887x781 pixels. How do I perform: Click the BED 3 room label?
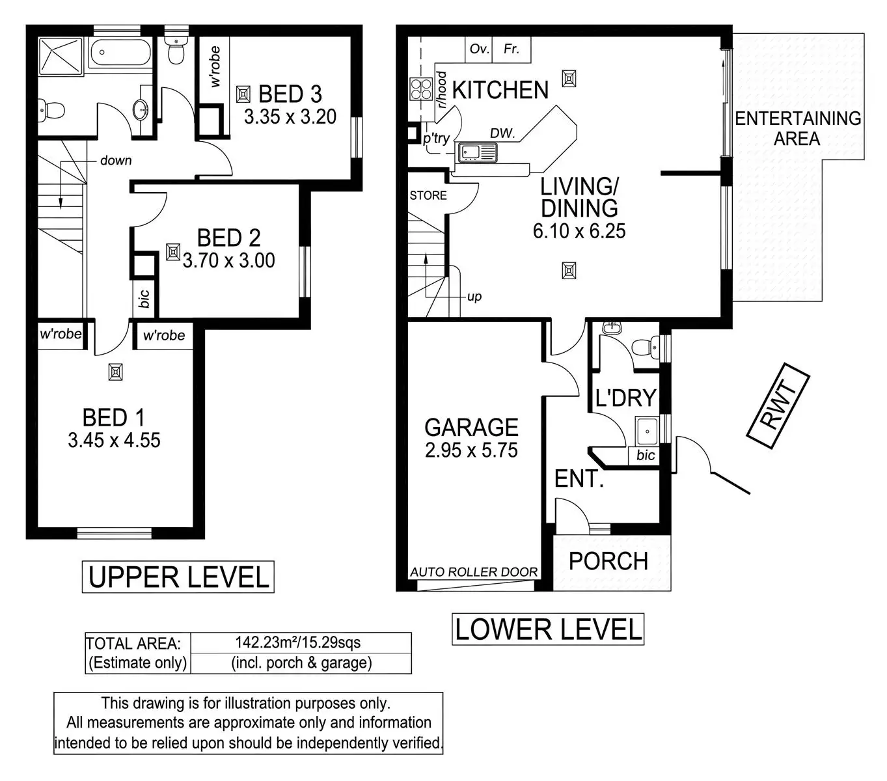coord(290,94)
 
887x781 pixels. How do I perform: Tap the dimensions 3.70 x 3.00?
coord(228,261)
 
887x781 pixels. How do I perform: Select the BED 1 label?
coord(113,417)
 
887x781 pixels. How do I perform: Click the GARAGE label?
coord(471,428)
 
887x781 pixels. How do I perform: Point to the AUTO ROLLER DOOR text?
coord(474,572)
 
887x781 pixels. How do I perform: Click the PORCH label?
coord(608,561)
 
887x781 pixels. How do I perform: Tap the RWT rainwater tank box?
coord(778,407)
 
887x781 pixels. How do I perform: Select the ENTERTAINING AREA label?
coord(798,128)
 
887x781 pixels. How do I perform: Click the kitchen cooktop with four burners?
coord(421,89)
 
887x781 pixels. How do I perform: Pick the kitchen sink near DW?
coord(477,152)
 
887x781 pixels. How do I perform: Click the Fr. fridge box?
coord(512,49)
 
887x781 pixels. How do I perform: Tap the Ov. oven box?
coord(479,49)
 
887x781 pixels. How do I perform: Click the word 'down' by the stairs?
coord(116,160)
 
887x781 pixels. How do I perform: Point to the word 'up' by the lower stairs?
coord(474,297)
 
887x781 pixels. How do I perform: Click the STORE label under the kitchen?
coord(428,195)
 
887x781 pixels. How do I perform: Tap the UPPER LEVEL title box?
coord(178,577)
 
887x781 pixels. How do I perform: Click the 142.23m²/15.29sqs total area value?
coord(297,643)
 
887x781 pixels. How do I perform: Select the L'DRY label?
coord(625,398)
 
